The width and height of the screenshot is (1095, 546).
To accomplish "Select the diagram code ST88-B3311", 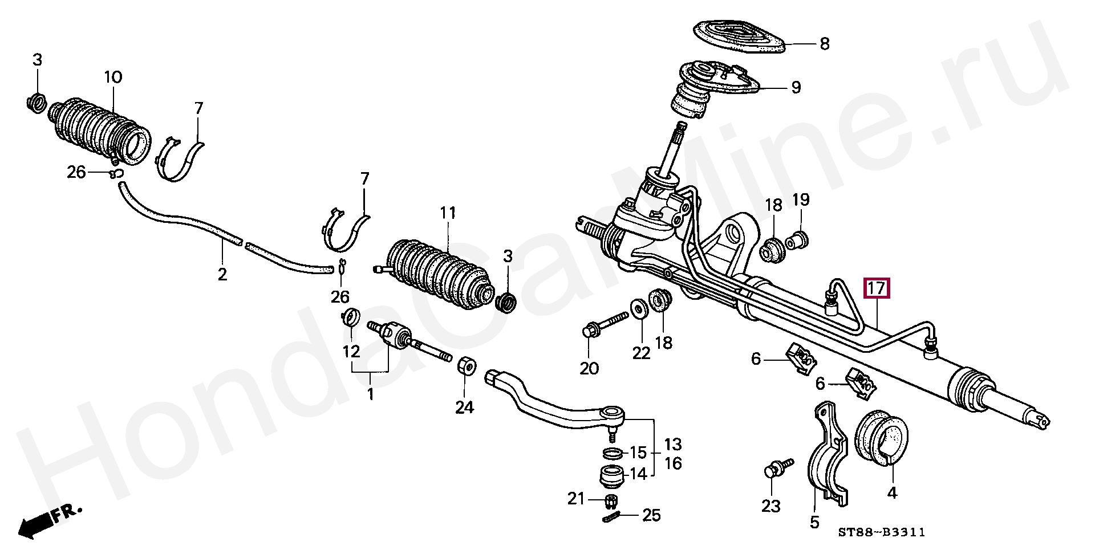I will coord(881,532).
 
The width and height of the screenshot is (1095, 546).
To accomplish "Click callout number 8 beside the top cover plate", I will coord(824,44).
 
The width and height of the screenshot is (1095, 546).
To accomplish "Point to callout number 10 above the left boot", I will coord(113,78).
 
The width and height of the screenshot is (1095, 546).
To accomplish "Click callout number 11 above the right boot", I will coord(448,214).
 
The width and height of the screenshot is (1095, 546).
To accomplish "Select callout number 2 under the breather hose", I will coord(222,274).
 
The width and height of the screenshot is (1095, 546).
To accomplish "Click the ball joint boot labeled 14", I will coord(613,475).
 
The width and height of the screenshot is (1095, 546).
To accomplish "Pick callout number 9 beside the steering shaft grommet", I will coord(796,87).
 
